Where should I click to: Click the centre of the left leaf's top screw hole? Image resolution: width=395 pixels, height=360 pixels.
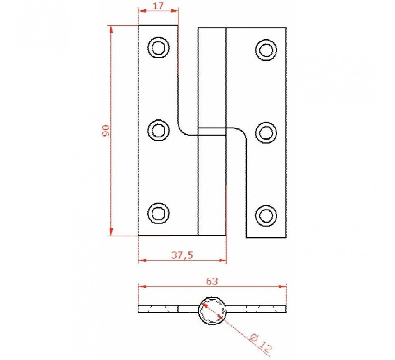[x=158, y=47]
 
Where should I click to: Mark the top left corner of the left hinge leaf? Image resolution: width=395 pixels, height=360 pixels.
[x=138, y=25]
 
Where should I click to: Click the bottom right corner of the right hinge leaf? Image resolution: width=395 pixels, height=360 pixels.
[x=286, y=238]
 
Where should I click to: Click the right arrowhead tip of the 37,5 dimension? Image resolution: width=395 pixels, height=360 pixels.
[x=226, y=260]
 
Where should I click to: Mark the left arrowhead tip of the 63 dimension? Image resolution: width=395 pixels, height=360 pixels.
[x=139, y=286]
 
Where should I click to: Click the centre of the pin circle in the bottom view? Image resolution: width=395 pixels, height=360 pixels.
[x=211, y=310]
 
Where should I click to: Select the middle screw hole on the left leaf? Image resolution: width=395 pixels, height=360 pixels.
[x=158, y=130]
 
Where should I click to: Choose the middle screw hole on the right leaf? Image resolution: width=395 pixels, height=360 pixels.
[x=266, y=132]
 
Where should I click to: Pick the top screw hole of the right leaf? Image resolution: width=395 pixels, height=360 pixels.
[x=266, y=50]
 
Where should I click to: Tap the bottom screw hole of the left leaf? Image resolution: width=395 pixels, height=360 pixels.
[x=158, y=214]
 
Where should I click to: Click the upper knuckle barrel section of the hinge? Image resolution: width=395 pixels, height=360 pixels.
[x=212, y=77]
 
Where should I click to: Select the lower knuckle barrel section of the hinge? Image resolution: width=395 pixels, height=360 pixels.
[x=212, y=185]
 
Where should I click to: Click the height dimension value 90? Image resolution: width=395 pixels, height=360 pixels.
[x=106, y=130]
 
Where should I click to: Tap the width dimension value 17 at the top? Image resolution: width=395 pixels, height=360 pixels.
[x=158, y=5]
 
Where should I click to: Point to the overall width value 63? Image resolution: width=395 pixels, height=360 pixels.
[x=212, y=281]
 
